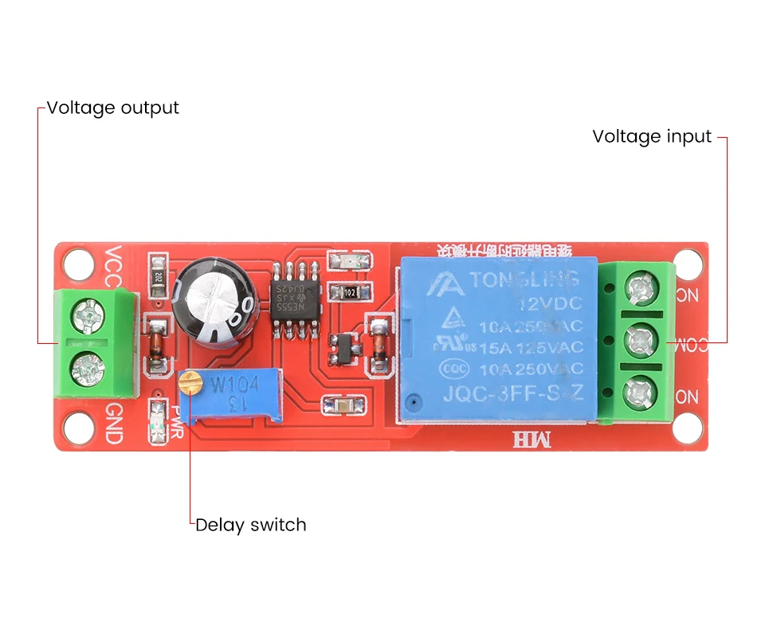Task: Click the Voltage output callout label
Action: click(112, 107)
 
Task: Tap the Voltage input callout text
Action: click(651, 136)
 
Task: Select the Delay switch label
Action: click(250, 525)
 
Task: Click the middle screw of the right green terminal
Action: click(639, 342)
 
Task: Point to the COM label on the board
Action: click(686, 343)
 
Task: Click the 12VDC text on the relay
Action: click(549, 303)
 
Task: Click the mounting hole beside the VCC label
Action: click(78, 262)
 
